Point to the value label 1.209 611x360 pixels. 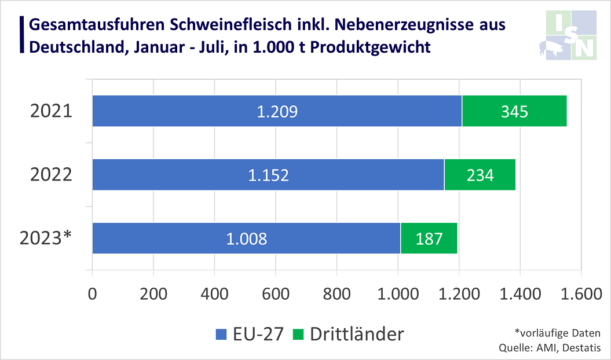click(x=277, y=111)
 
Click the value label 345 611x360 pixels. click(x=514, y=111)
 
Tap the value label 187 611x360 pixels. click(x=429, y=238)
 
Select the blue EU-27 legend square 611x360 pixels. click(x=222, y=334)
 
